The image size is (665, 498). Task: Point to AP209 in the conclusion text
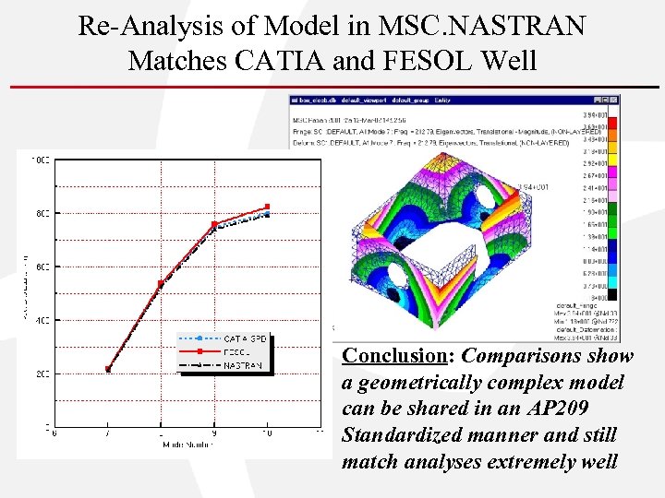(562, 409)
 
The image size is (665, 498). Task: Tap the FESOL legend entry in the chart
(236, 352)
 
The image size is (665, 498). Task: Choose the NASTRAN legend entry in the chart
(242, 365)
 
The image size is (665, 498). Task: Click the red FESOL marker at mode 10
(268, 207)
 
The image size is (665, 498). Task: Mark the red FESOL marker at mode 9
(214, 224)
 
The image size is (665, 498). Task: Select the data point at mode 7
(108, 369)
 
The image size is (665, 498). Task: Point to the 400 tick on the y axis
(40, 320)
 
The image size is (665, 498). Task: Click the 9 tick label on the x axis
(214, 433)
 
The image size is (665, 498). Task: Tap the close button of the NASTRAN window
(615, 99)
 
